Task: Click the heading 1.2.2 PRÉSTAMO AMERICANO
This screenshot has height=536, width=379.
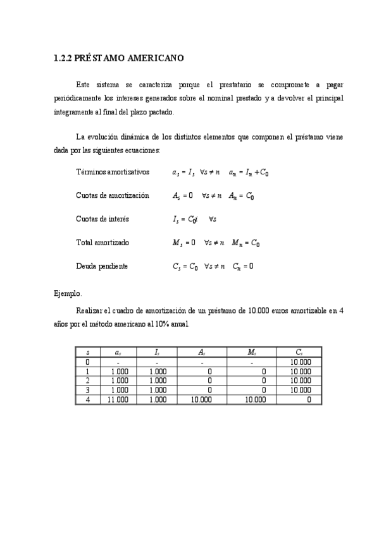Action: (x=119, y=59)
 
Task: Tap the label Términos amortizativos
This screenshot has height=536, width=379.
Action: (x=113, y=172)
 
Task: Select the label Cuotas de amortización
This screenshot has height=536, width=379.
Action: (x=113, y=196)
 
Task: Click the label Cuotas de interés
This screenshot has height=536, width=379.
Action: (x=103, y=219)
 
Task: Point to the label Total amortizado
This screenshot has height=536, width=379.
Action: (x=102, y=243)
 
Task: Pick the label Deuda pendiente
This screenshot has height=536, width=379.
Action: (x=102, y=266)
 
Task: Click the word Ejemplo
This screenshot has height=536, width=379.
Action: (x=68, y=293)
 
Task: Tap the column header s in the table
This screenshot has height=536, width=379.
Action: (x=87, y=352)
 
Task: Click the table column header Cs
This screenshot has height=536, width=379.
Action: (x=299, y=352)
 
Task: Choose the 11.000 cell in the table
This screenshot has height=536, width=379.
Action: (x=118, y=399)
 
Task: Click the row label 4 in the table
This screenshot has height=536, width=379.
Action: (x=87, y=399)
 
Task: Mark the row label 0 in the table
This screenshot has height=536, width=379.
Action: (x=87, y=362)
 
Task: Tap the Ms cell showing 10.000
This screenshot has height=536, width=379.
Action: (x=254, y=399)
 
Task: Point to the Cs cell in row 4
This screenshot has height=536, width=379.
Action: (x=309, y=399)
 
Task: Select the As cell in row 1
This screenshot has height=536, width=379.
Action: (x=209, y=372)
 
